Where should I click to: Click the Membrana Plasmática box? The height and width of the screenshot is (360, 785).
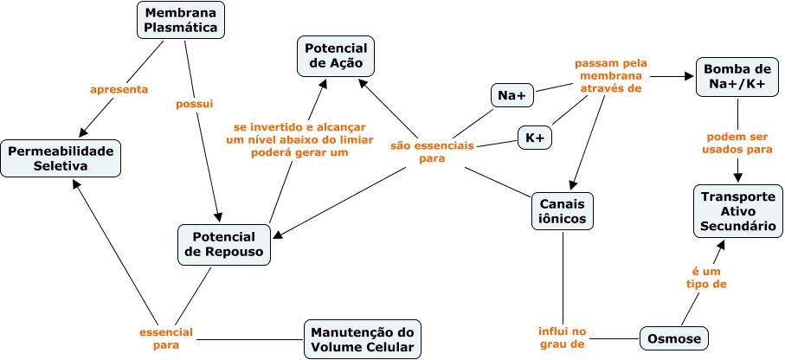click(x=181, y=21)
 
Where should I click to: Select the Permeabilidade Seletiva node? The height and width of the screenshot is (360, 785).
click(x=61, y=158)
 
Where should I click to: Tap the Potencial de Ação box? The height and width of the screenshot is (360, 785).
click(x=337, y=56)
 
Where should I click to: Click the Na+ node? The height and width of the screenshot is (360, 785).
click(x=512, y=94)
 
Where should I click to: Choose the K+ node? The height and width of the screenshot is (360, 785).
click(x=535, y=137)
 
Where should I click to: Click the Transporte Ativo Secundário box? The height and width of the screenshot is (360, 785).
click(x=737, y=211)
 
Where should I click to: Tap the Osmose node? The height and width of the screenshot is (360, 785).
click(x=673, y=337)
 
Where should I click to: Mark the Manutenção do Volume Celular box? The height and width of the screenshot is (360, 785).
click(x=363, y=339)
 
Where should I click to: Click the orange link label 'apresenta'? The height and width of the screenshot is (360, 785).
click(x=119, y=88)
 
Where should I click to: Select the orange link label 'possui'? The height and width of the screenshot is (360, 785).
click(x=195, y=103)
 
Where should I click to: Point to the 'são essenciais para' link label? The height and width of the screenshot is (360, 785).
click(x=432, y=152)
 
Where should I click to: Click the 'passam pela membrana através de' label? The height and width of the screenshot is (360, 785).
click(x=610, y=76)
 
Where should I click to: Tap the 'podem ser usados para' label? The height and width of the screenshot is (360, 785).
click(x=739, y=143)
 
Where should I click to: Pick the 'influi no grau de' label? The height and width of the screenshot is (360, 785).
click(x=561, y=337)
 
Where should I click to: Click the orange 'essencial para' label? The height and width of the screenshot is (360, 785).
click(x=165, y=338)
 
